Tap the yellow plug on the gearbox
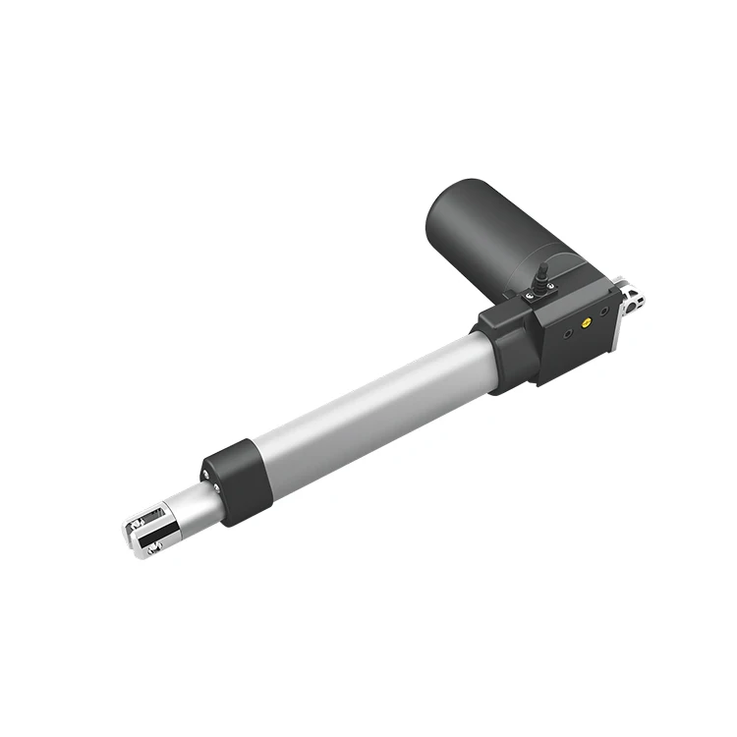(x=588, y=320)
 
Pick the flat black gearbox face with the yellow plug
(x=580, y=329)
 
